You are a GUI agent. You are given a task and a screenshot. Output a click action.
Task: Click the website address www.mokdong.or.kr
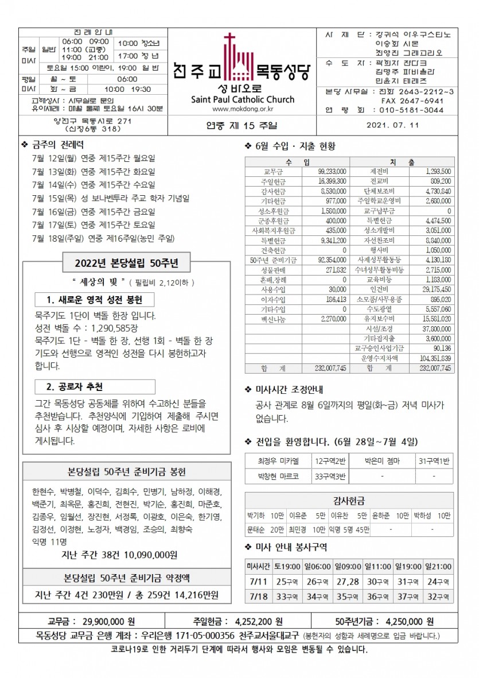[242, 109]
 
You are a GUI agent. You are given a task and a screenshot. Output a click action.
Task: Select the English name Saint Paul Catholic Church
[242, 99]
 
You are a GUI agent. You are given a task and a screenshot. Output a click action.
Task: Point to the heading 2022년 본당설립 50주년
[127, 264]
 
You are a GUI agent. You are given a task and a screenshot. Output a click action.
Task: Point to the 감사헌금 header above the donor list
[349, 501]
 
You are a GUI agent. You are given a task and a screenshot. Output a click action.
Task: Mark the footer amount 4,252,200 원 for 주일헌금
[259, 621]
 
